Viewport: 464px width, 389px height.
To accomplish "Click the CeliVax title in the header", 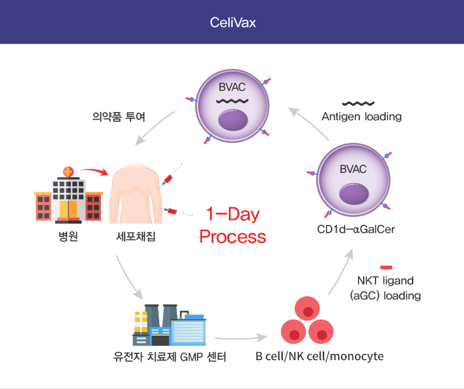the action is click(233, 23).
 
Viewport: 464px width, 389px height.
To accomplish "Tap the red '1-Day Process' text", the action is click(233, 226).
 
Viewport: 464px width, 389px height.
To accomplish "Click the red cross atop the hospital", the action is click(68, 172).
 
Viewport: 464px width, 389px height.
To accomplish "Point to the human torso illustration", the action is click(135, 192).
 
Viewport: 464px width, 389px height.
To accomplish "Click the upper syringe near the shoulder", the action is click(170, 176).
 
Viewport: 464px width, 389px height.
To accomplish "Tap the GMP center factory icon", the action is click(169, 325).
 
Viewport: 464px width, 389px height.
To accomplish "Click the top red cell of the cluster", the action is click(307, 308).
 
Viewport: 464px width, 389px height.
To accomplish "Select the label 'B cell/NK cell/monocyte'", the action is click(320, 356).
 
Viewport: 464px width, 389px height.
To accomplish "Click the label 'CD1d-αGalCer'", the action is click(356, 229).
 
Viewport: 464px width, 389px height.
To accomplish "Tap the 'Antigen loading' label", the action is click(362, 117).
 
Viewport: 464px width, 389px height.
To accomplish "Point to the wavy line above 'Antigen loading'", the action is click(358, 103).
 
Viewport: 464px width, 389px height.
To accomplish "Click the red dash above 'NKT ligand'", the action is click(386, 267).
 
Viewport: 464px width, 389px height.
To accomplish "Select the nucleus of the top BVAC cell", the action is click(233, 120).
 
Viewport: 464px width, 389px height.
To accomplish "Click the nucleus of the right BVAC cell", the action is click(354, 194).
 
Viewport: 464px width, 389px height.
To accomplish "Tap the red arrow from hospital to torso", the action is click(95, 170).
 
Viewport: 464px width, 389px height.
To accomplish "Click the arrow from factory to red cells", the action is click(241, 338).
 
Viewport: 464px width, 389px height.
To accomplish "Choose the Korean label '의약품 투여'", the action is click(119, 117).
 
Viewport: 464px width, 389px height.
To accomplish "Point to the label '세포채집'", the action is click(135, 237).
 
